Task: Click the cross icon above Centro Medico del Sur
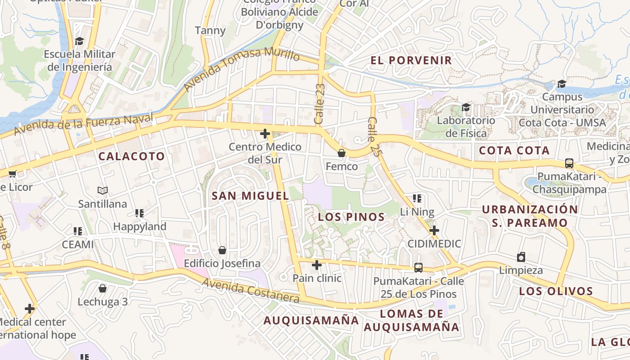coord(265,134)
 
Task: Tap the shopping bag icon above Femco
coord(342,153)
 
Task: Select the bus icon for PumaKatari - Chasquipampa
coord(569,163)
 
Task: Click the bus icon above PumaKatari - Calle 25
coord(418,268)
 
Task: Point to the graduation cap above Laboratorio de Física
coord(466,107)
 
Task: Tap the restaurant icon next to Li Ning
coord(417,198)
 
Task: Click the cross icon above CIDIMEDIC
coord(434,231)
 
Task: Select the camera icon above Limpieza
coord(521,257)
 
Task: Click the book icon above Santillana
coord(103,191)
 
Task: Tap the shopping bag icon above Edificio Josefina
coord(222,250)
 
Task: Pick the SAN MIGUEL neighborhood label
coord(250,196)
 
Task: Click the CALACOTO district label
coord(131,157)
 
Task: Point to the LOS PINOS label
coord(351,217)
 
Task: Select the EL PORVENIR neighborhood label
coord(411,60)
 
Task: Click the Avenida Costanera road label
coord(250,290)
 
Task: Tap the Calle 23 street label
coord(319,104)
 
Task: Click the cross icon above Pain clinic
coord(317,265)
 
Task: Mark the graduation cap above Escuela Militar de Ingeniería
coord(80,41)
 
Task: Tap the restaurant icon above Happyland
coord(139,213)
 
